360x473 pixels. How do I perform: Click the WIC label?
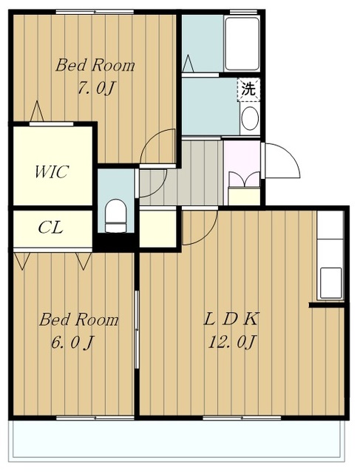click(x=52, y=171)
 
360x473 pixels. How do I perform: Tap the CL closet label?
click(x=51, y=228)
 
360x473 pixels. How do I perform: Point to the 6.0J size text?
click(x=72, y=342)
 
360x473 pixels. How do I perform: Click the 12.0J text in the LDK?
click(x=232, y=342)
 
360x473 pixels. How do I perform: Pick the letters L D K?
click(x=231, y=319)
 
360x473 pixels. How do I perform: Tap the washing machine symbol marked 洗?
click(x=248, y=89)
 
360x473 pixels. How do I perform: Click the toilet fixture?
click(x=115, y=215)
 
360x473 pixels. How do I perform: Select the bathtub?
click(x=242, y=44)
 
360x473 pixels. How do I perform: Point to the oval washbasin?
click(x=250, y=118)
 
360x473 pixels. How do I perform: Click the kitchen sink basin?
click(x=330, y=283)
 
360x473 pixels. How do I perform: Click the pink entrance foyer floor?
click(x=242, y=163)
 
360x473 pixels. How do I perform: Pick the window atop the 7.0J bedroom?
click(x=95, y=12)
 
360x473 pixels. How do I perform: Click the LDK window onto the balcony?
click(x=242, y=418)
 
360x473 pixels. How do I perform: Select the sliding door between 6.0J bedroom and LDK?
click(x=137, y=330)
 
